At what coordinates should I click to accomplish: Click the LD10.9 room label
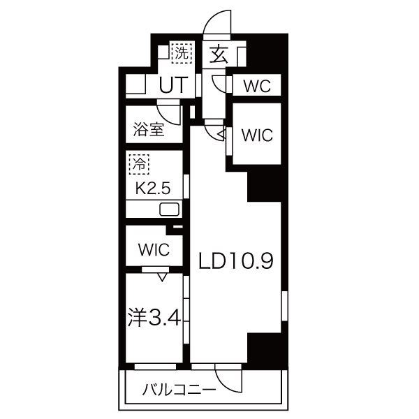[236, 260]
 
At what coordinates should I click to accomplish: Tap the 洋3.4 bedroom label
[154, 318]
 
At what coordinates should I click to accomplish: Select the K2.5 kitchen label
[153, 189]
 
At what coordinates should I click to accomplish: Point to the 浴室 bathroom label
[149, 129]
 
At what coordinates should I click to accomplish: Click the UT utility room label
[172, 84]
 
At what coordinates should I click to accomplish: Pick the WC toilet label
[257, 86]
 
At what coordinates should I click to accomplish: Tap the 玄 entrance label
[219, 54]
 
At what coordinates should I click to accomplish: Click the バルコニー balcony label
[179, 390]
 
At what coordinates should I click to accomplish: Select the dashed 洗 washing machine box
[182, 53]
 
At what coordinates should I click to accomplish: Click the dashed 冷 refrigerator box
[139, 164]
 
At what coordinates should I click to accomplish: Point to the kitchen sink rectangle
[169, 209]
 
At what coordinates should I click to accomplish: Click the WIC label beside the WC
[257, 135]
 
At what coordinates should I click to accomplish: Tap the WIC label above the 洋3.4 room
[154, 249]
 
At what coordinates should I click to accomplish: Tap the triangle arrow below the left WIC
[162, 277]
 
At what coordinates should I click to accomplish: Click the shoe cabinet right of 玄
[242, 57]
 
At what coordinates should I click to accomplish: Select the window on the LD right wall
[285, 306]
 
